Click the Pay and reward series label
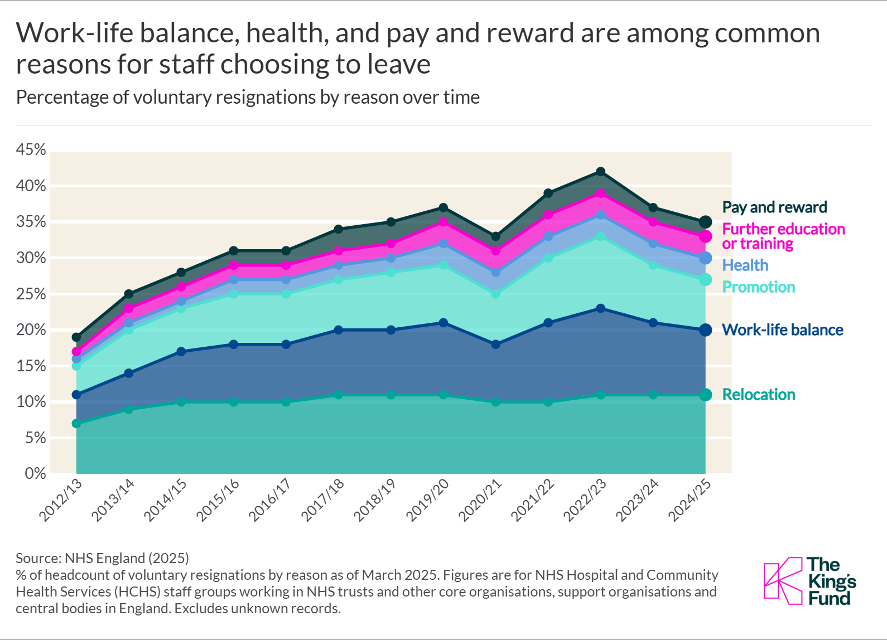click(x=774, y=207)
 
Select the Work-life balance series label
click(x=782, y=330)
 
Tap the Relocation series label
click(x=759, y=395)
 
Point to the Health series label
click(x=745, y=265)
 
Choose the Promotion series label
click(x=759, y=287)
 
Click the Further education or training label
click(x=783, y=236)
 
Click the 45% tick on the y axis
click(x=31, y=149)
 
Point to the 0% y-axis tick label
click(x=35, y=473)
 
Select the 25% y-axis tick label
click(x=31, y=294)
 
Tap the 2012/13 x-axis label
click(x=61, y=500)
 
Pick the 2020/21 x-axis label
click(x=480, y=500)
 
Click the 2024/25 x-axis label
click(x=690, y=500)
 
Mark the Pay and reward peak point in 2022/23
click(x=600, y=172)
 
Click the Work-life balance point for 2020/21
click(x=496, y=345)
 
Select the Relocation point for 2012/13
click(x=76, y=424)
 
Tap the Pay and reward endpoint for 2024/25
click(x=705, y=222)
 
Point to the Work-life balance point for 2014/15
click(x=181, y=352)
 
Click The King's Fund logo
click(x=809, y=581)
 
